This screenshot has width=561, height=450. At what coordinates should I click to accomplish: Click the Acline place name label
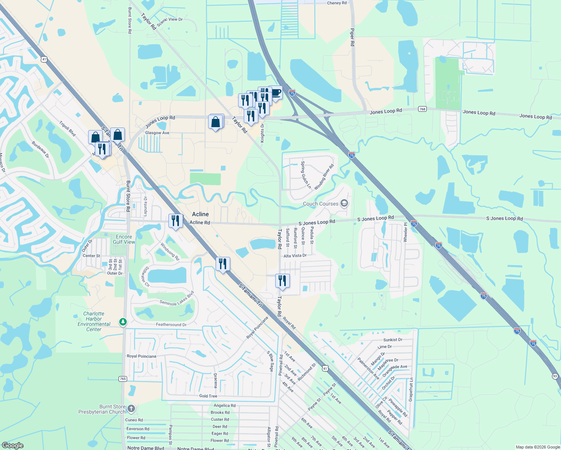click(x=200, y=214)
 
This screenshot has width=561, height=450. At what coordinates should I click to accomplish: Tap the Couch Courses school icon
click(x=344, y=204)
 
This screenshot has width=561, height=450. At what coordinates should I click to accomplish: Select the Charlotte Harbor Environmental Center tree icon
click(x=123, y=322)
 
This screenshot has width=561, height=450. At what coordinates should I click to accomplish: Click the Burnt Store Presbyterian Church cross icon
click(x=131, y=408)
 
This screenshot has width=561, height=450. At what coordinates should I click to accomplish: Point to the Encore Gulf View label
click(x=124, y=239)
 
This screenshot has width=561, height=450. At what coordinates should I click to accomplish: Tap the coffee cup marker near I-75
click(x=276, y=92)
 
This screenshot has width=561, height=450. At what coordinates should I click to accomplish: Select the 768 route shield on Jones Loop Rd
click(x=422, y=109)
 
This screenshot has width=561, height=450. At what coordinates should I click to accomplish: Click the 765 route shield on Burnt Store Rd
click(x=123, y=379)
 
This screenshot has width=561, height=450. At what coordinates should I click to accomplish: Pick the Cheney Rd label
click(x=337, y=3)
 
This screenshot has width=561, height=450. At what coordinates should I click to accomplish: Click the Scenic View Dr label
click(x=170, y=22)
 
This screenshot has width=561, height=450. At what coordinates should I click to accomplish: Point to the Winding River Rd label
click(x=324, y=177)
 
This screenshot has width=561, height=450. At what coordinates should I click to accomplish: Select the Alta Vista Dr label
click(x=295, y=256)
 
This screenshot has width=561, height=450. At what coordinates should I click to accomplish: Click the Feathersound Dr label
click(x=171, y=325)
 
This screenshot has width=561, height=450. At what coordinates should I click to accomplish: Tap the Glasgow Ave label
click(x=157, y=133)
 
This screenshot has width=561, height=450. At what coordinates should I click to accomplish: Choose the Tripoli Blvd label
click(x=67, y=129)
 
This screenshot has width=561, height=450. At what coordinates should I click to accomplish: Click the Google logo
click(x=13, y=445)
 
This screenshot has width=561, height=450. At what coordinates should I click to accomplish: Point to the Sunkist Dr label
click(x=393, y=340)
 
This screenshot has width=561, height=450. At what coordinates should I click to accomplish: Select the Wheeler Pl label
click(x=405, y=232)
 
